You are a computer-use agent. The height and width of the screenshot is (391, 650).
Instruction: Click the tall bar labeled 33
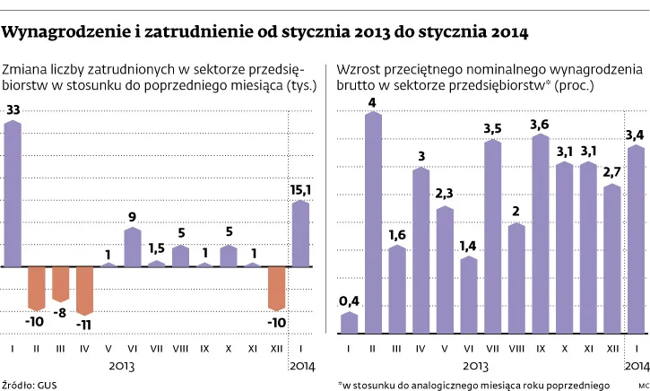pos(13,194)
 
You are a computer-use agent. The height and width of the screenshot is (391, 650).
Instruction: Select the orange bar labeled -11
pos(84,287)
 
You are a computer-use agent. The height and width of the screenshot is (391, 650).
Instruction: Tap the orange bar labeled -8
pos(61,283)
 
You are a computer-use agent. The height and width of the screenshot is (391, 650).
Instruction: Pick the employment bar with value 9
pos(133,248)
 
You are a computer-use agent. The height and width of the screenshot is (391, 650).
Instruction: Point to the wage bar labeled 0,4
pos(349,321)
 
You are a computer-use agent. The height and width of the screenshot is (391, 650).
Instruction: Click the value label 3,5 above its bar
pos(492,129)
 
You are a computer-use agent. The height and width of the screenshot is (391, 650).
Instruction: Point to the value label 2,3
pos(445,194)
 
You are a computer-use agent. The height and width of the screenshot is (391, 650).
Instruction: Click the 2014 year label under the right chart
pos(636,366)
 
